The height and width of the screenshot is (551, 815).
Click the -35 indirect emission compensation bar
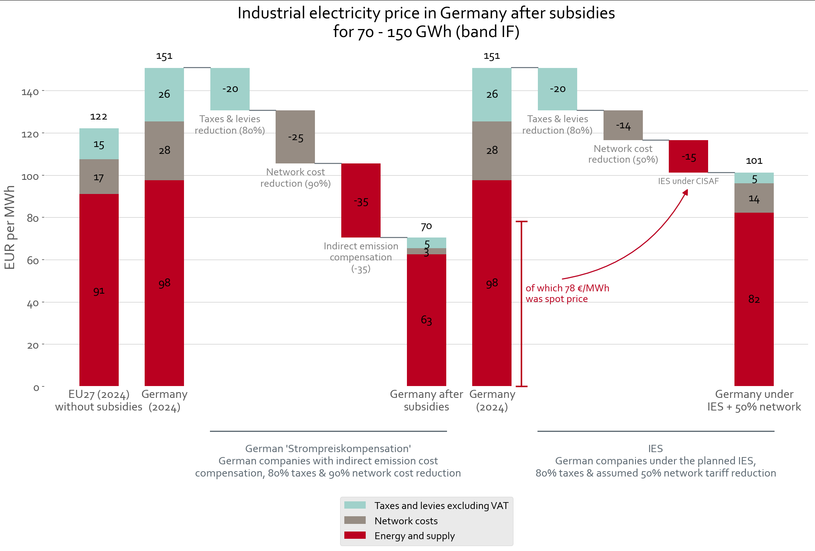coord(361,200)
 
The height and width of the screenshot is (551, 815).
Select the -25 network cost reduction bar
coord(295,137)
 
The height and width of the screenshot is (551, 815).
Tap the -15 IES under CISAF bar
coord(688,157)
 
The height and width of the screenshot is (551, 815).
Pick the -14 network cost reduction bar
coord(623,125)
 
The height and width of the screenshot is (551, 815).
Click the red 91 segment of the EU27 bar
coord(99,290)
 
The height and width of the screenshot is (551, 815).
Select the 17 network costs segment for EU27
coord(99,177)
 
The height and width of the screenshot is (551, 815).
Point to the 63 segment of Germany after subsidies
coord(426,320)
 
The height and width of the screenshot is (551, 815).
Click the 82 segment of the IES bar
coord(754,299)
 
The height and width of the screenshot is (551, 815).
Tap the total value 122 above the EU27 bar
coord(98,116)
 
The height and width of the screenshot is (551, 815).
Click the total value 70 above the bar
coord(426,226)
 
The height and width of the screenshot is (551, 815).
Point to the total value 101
coord(754,161)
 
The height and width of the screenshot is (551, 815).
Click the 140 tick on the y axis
coord(30,92)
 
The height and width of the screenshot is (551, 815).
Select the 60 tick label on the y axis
coord(33,260)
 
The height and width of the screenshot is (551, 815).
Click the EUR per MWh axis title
coord(10,227)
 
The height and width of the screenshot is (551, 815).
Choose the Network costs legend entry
coord(406,521)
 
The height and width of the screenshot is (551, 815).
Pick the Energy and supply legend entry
coord(414,536)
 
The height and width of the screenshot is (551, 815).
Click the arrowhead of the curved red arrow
coord(686,192)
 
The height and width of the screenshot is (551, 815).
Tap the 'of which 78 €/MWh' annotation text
coord(567,288)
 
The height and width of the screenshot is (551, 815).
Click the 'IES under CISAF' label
coord(688,181)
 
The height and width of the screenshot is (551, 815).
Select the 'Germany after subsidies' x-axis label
coord(426,400)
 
